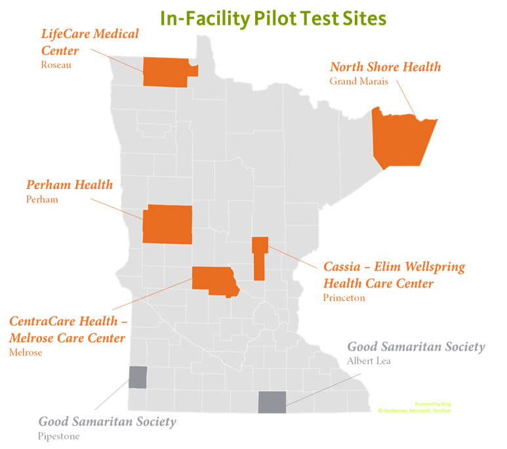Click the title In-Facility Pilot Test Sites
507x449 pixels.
point(273,18)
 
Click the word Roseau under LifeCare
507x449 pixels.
point(56,65)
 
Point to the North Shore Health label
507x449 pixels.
point(385,67)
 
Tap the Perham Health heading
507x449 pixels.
point(70,184)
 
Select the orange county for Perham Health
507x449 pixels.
point(167,224)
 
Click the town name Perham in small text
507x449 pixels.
point(42,199)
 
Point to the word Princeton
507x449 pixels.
point(344,297)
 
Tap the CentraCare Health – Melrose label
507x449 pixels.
point(68,330)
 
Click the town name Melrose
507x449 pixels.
point(26,353)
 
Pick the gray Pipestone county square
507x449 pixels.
point(137,377)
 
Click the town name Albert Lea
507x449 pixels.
point(369,362)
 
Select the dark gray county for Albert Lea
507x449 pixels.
point(272,402)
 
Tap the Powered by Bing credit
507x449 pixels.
point(433,404)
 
